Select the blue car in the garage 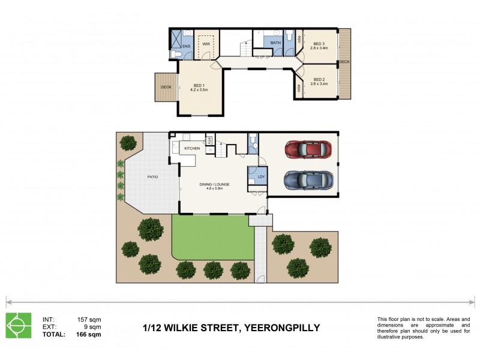coord(307,179)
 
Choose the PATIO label coord(152,178)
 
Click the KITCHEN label coord(192,148)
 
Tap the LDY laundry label coord(261,177)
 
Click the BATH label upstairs coord(275,43)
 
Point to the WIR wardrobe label coord(206,44)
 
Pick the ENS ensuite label coord(186,46)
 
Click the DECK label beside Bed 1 coord(165,88)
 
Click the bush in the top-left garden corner coord(128,143)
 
